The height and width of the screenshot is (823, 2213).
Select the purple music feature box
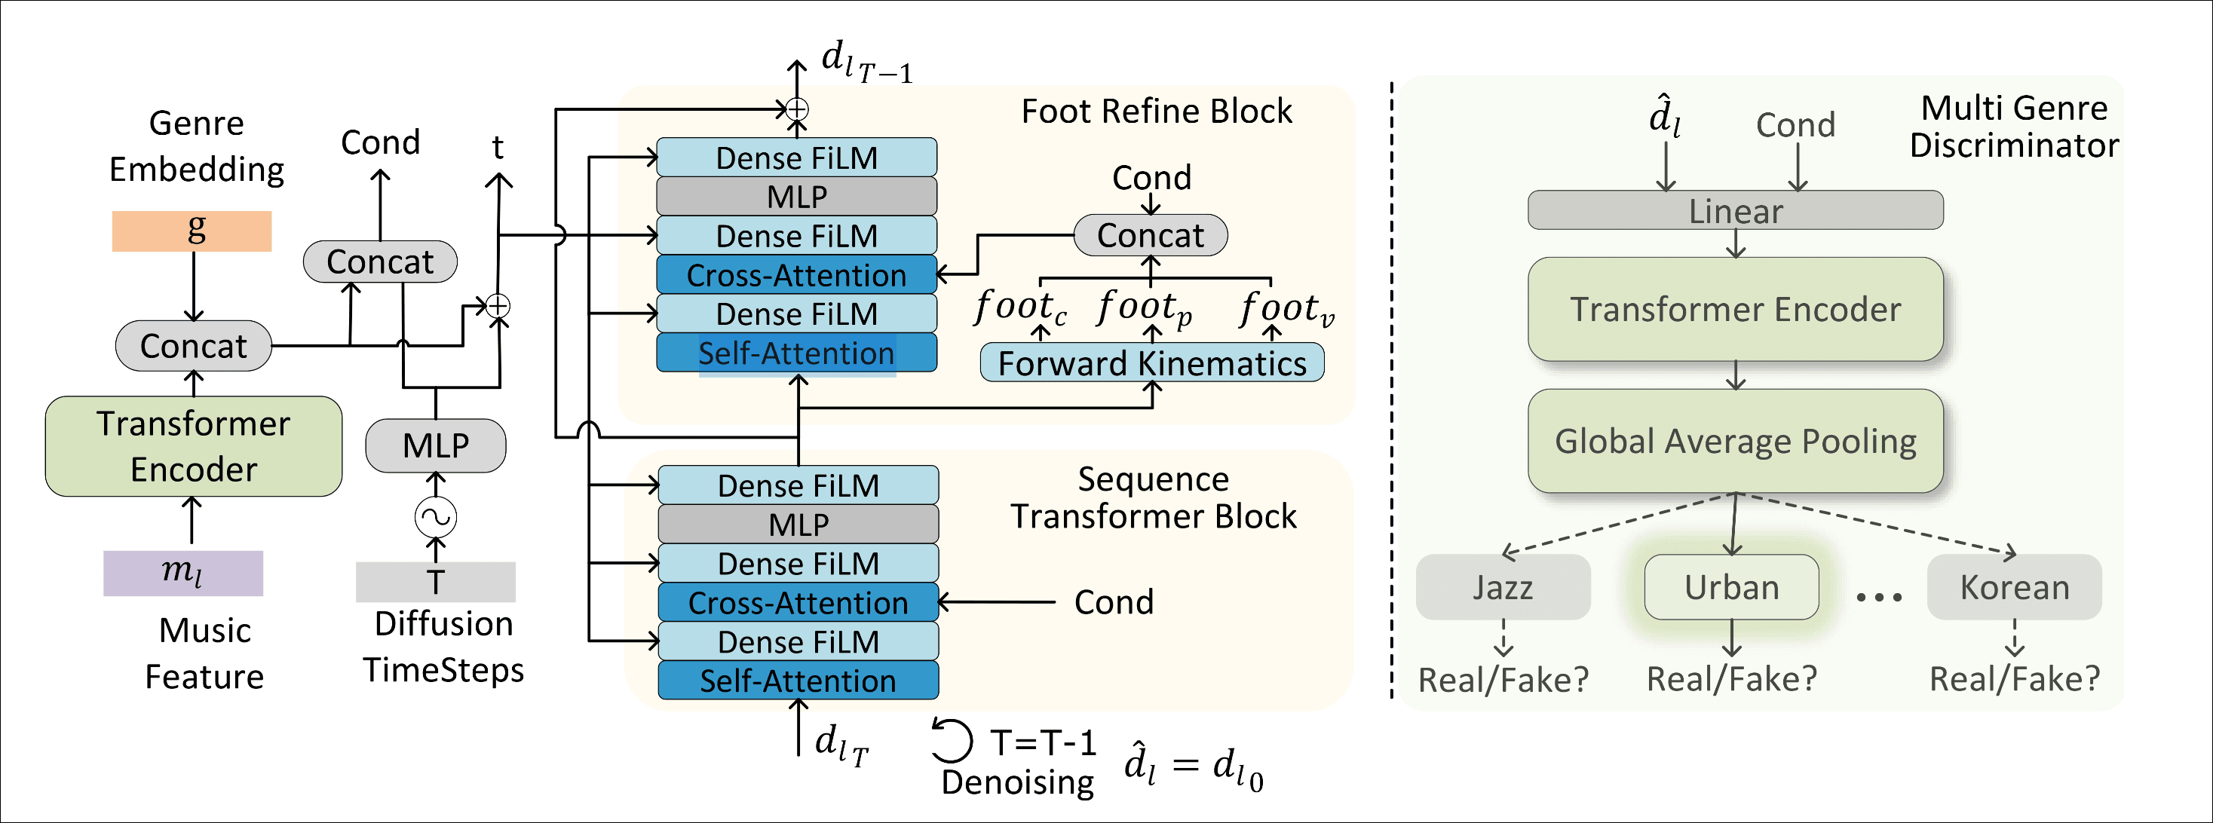pos(183,573)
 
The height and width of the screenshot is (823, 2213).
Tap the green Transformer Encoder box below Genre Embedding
pos(193,446)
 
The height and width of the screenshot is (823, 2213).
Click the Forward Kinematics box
pos(1151,363)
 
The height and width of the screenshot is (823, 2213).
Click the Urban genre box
pos(1731,587)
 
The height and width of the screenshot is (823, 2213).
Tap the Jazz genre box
pos(1503,587)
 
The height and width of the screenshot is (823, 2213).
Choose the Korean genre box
pos(2014,587)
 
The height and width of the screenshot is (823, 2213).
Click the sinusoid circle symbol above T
pos(436,517)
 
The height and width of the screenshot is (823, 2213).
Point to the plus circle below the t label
pos(498,306)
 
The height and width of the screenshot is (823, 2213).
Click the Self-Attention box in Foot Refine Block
pos(796,353)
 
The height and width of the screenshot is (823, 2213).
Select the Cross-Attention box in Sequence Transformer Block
pos(798,602)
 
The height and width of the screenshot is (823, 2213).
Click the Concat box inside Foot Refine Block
pos(1151,235)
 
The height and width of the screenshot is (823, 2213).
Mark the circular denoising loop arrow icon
pos(952,741)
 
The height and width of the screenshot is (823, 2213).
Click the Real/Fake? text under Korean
pos(2014,679)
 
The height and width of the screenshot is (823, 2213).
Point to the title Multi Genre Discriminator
pos(2014,127)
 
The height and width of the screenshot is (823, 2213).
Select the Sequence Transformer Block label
pos(1153,497)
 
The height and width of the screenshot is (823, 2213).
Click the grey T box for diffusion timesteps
pos(436,582)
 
